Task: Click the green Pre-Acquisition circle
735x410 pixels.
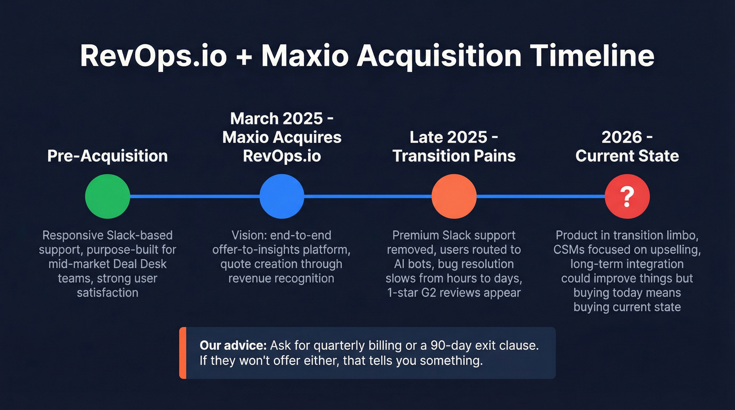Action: pos(107,197)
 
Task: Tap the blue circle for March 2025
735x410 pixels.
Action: pos(282,197)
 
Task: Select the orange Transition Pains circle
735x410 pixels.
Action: pos(454,197)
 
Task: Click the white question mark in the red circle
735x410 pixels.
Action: pos(627,197)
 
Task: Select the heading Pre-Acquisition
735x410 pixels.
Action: pos(107,156)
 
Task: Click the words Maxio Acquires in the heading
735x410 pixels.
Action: pos(282,138)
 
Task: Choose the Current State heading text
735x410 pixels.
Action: pos(627,156)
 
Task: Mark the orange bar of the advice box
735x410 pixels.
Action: pos(182,352)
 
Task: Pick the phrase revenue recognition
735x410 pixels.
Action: pos(281,278)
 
